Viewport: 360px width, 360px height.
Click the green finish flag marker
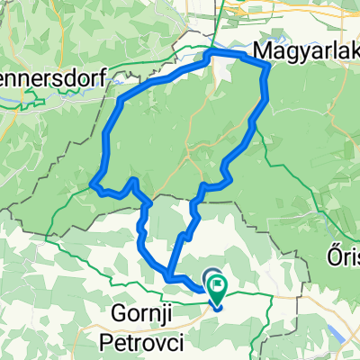219,289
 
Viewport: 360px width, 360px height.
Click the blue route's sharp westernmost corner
94,184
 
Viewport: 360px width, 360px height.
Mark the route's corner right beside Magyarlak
268,66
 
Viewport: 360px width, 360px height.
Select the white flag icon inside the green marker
219,287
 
